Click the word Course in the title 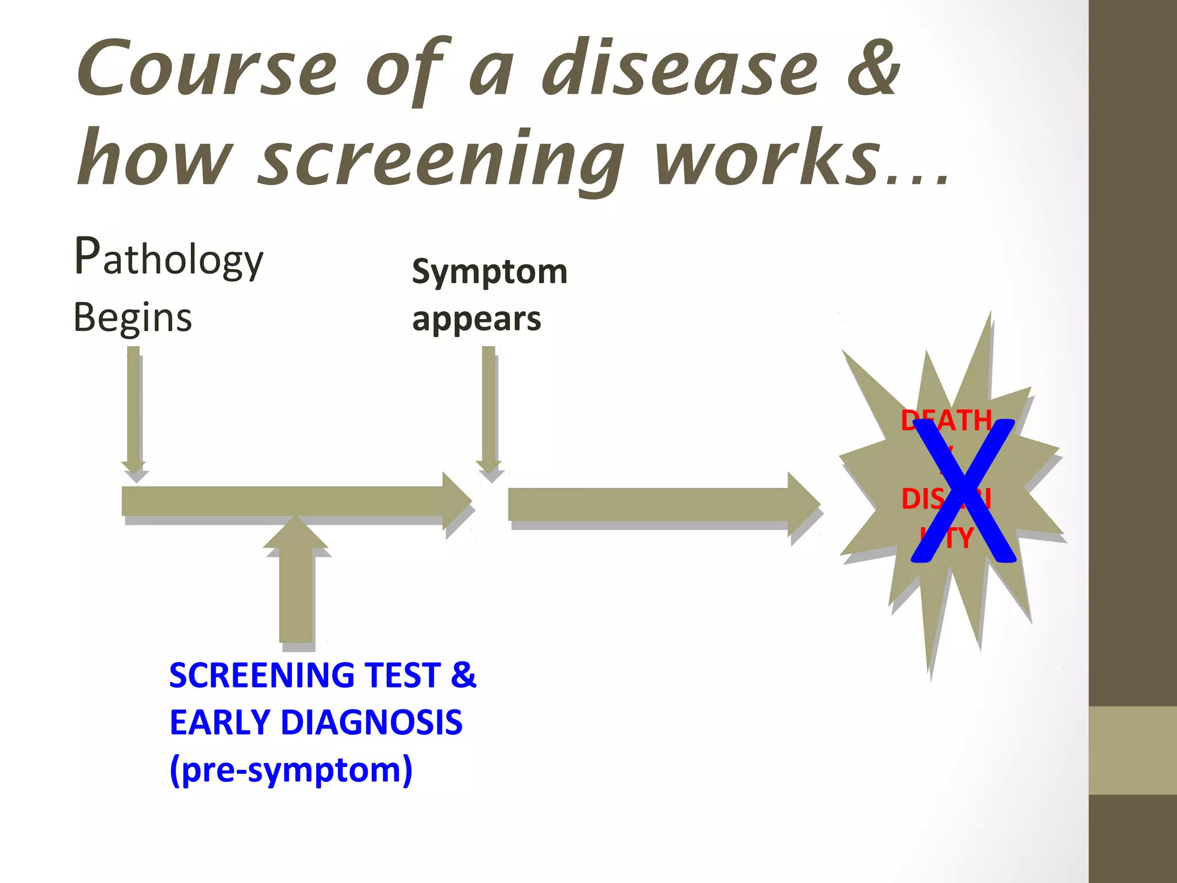[x=207, y=69]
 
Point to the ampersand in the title [x=874, y=69]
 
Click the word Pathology [x=169, y=258]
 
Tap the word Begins [x=133, y=318]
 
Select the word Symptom [x=490, y=272]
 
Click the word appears [x=476, y=319]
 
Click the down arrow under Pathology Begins [x=133, y=411]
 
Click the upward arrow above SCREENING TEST [x=295, y=581]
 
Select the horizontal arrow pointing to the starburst [x=661, y=504]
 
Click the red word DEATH [x=946, y=420]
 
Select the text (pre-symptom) [x=291, y=770]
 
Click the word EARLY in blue [x=220, y=723]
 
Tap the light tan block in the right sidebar [x=1133, y=750]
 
